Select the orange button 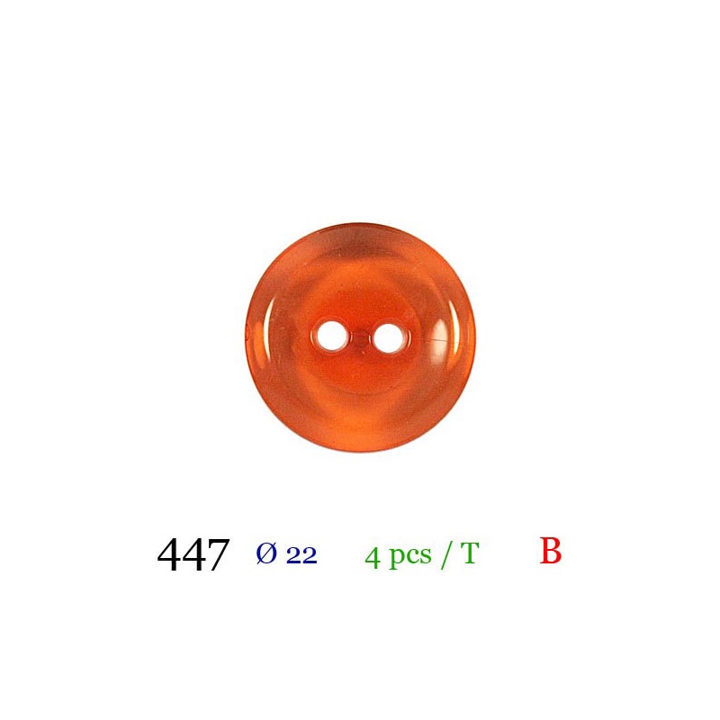pyautogui.click(x=361, y=337)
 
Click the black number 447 pyautogui.click(x=193, y=554)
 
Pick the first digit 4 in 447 pyautogui.click(x=169, y=554)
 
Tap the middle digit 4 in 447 pyautogui.click(x=193, y=554)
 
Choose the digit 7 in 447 pyautogui.click(x=218, y=555)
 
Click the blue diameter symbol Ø pyautogui.click(x=266, y=553)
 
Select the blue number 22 pyautogui.click(x=301, y=556)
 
